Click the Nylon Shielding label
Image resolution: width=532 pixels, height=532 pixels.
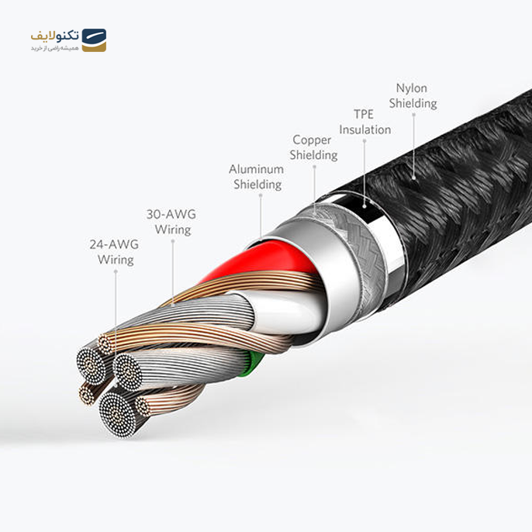point(413,95)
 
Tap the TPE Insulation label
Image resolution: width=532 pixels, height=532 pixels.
point(364,122)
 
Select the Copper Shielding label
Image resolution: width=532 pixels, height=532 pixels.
point(313,147)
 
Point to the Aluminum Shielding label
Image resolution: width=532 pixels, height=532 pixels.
point(255,177)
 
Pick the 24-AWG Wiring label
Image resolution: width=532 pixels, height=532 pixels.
point(115,252)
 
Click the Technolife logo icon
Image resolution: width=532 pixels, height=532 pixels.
point(93,40)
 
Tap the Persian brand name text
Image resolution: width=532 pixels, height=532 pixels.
point(54,36)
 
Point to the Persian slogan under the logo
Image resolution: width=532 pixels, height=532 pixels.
point(54,48)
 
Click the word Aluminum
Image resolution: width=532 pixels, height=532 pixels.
point(255,169)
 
